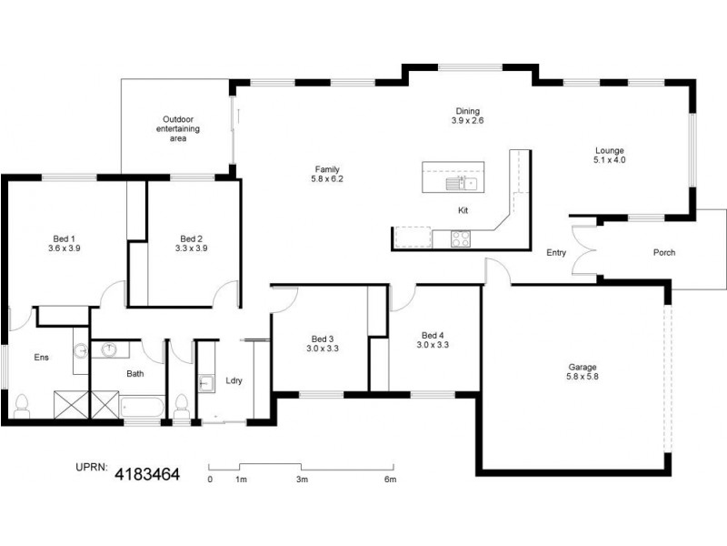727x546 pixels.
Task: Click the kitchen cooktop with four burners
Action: [462, 239]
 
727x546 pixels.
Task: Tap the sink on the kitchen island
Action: [462, 184]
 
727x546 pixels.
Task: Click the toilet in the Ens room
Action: [22, 402]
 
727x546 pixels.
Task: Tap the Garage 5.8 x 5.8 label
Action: [577, 372]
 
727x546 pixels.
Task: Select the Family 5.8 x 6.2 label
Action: [328, 174]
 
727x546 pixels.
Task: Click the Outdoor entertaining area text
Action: [177, 129]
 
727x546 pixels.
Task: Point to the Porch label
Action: [663, 252]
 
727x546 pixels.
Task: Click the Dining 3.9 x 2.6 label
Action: [467, 116]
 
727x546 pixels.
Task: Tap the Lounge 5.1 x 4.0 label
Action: [610, 155]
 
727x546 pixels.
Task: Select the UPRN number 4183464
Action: [146, 474]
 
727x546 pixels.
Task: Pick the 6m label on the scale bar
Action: [390, 479]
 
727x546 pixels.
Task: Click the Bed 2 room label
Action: [191, 243]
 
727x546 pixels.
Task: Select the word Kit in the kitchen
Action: [463, 211]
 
